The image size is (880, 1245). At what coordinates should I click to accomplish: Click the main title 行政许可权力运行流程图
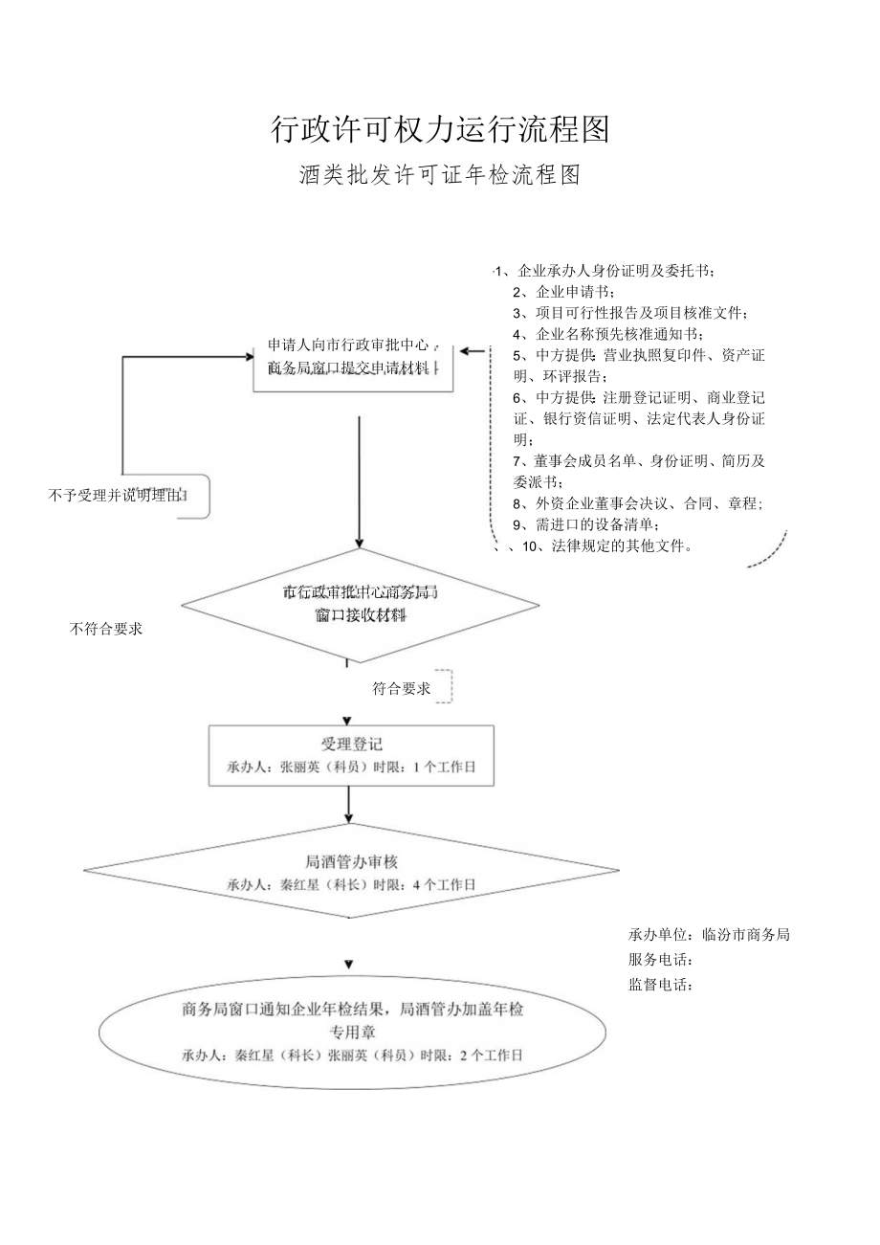click(440, 129)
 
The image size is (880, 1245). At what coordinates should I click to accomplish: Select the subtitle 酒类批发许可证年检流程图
click(440, 176)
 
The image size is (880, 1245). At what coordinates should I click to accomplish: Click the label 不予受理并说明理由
click(117, 495)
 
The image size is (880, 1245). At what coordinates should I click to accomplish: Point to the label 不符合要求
click(106, 629)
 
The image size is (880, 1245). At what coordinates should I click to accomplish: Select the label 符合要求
click(402, 688)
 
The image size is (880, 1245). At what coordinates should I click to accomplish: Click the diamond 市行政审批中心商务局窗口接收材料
click(360, 604)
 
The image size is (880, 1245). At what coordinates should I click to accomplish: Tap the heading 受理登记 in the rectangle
click(351, 744)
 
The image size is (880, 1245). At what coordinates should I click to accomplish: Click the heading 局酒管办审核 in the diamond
click(351, 861)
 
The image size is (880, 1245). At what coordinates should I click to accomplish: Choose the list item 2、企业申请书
click(564, 292)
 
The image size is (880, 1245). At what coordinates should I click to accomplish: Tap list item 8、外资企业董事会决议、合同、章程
click(637, 503)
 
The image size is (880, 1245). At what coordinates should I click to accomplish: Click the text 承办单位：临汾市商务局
click(709, 935)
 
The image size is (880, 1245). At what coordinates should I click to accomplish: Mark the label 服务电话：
click(660, 960)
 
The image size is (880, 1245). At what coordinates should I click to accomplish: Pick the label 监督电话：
click(660, 985)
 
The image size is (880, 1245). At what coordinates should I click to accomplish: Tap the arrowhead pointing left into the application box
click(466, 351)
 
